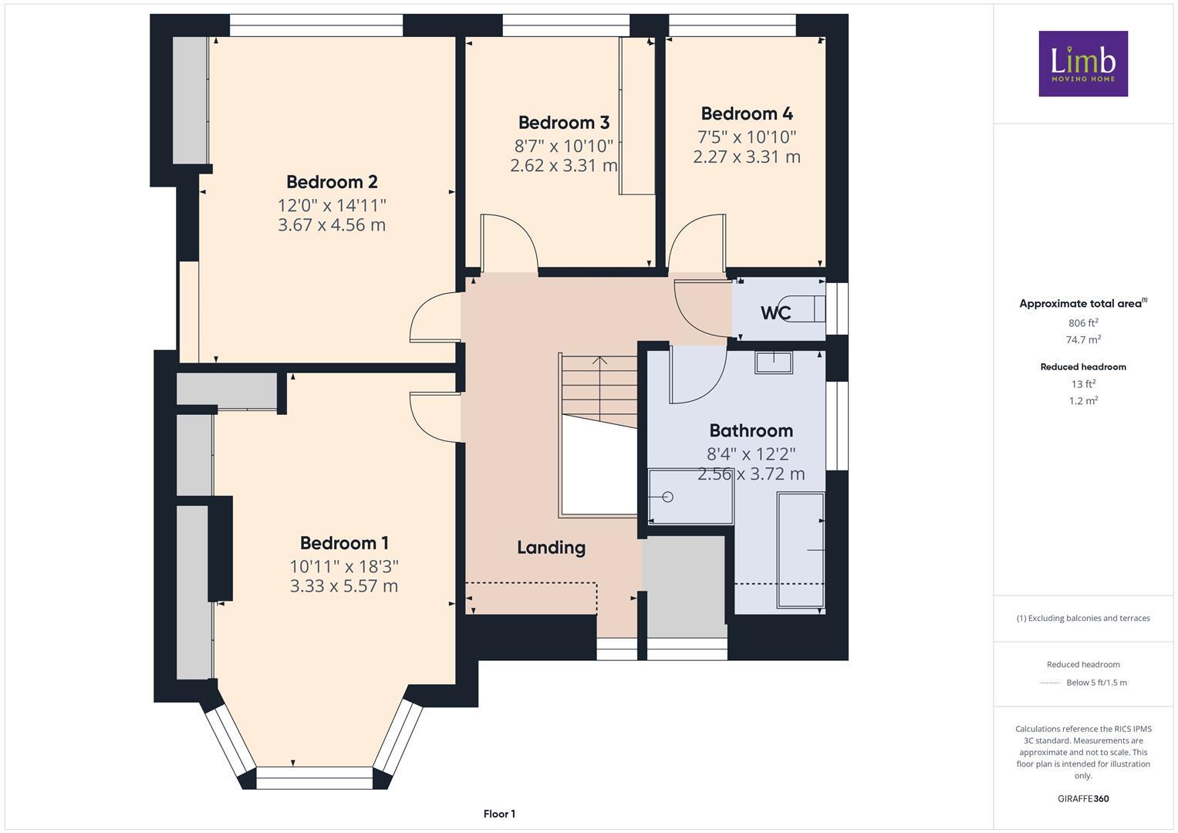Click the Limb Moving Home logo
point(1083,63)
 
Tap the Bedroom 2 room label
point(332,182)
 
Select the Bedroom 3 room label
point(563,123)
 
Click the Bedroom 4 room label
point(746,113)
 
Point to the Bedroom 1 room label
point(344,543)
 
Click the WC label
point(775,313)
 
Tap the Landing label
point(551,548)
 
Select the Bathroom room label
point(751,430)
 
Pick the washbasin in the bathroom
point(774,362)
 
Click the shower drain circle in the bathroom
point(668,497)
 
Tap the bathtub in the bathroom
point(801,551)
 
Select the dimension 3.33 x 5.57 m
point(344,586)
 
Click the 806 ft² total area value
point(1082,323)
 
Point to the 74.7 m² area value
point(1082,339)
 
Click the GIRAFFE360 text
point(1082,798)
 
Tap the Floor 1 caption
point(499,814)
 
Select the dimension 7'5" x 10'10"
point(746,137)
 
